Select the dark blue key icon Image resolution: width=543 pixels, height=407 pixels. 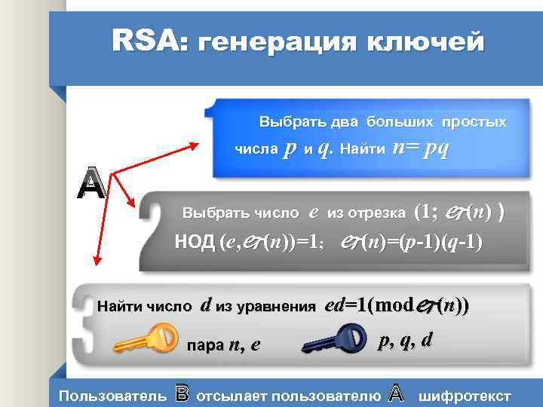pos(333,340)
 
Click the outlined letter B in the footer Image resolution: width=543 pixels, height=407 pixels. pos(181,393)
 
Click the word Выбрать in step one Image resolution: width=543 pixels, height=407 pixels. pos(286,121)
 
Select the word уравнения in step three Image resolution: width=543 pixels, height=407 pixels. pos(276,306)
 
